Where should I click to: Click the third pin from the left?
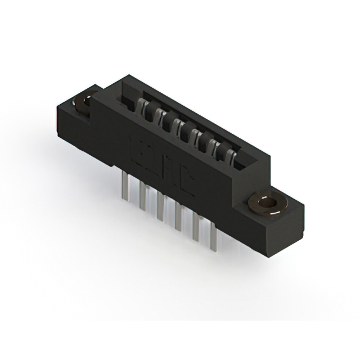(160, 205)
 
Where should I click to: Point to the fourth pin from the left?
(178, 217)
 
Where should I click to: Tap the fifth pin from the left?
(196, 228)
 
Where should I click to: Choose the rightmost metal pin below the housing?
(213, 238)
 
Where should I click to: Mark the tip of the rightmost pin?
(213, 249)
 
